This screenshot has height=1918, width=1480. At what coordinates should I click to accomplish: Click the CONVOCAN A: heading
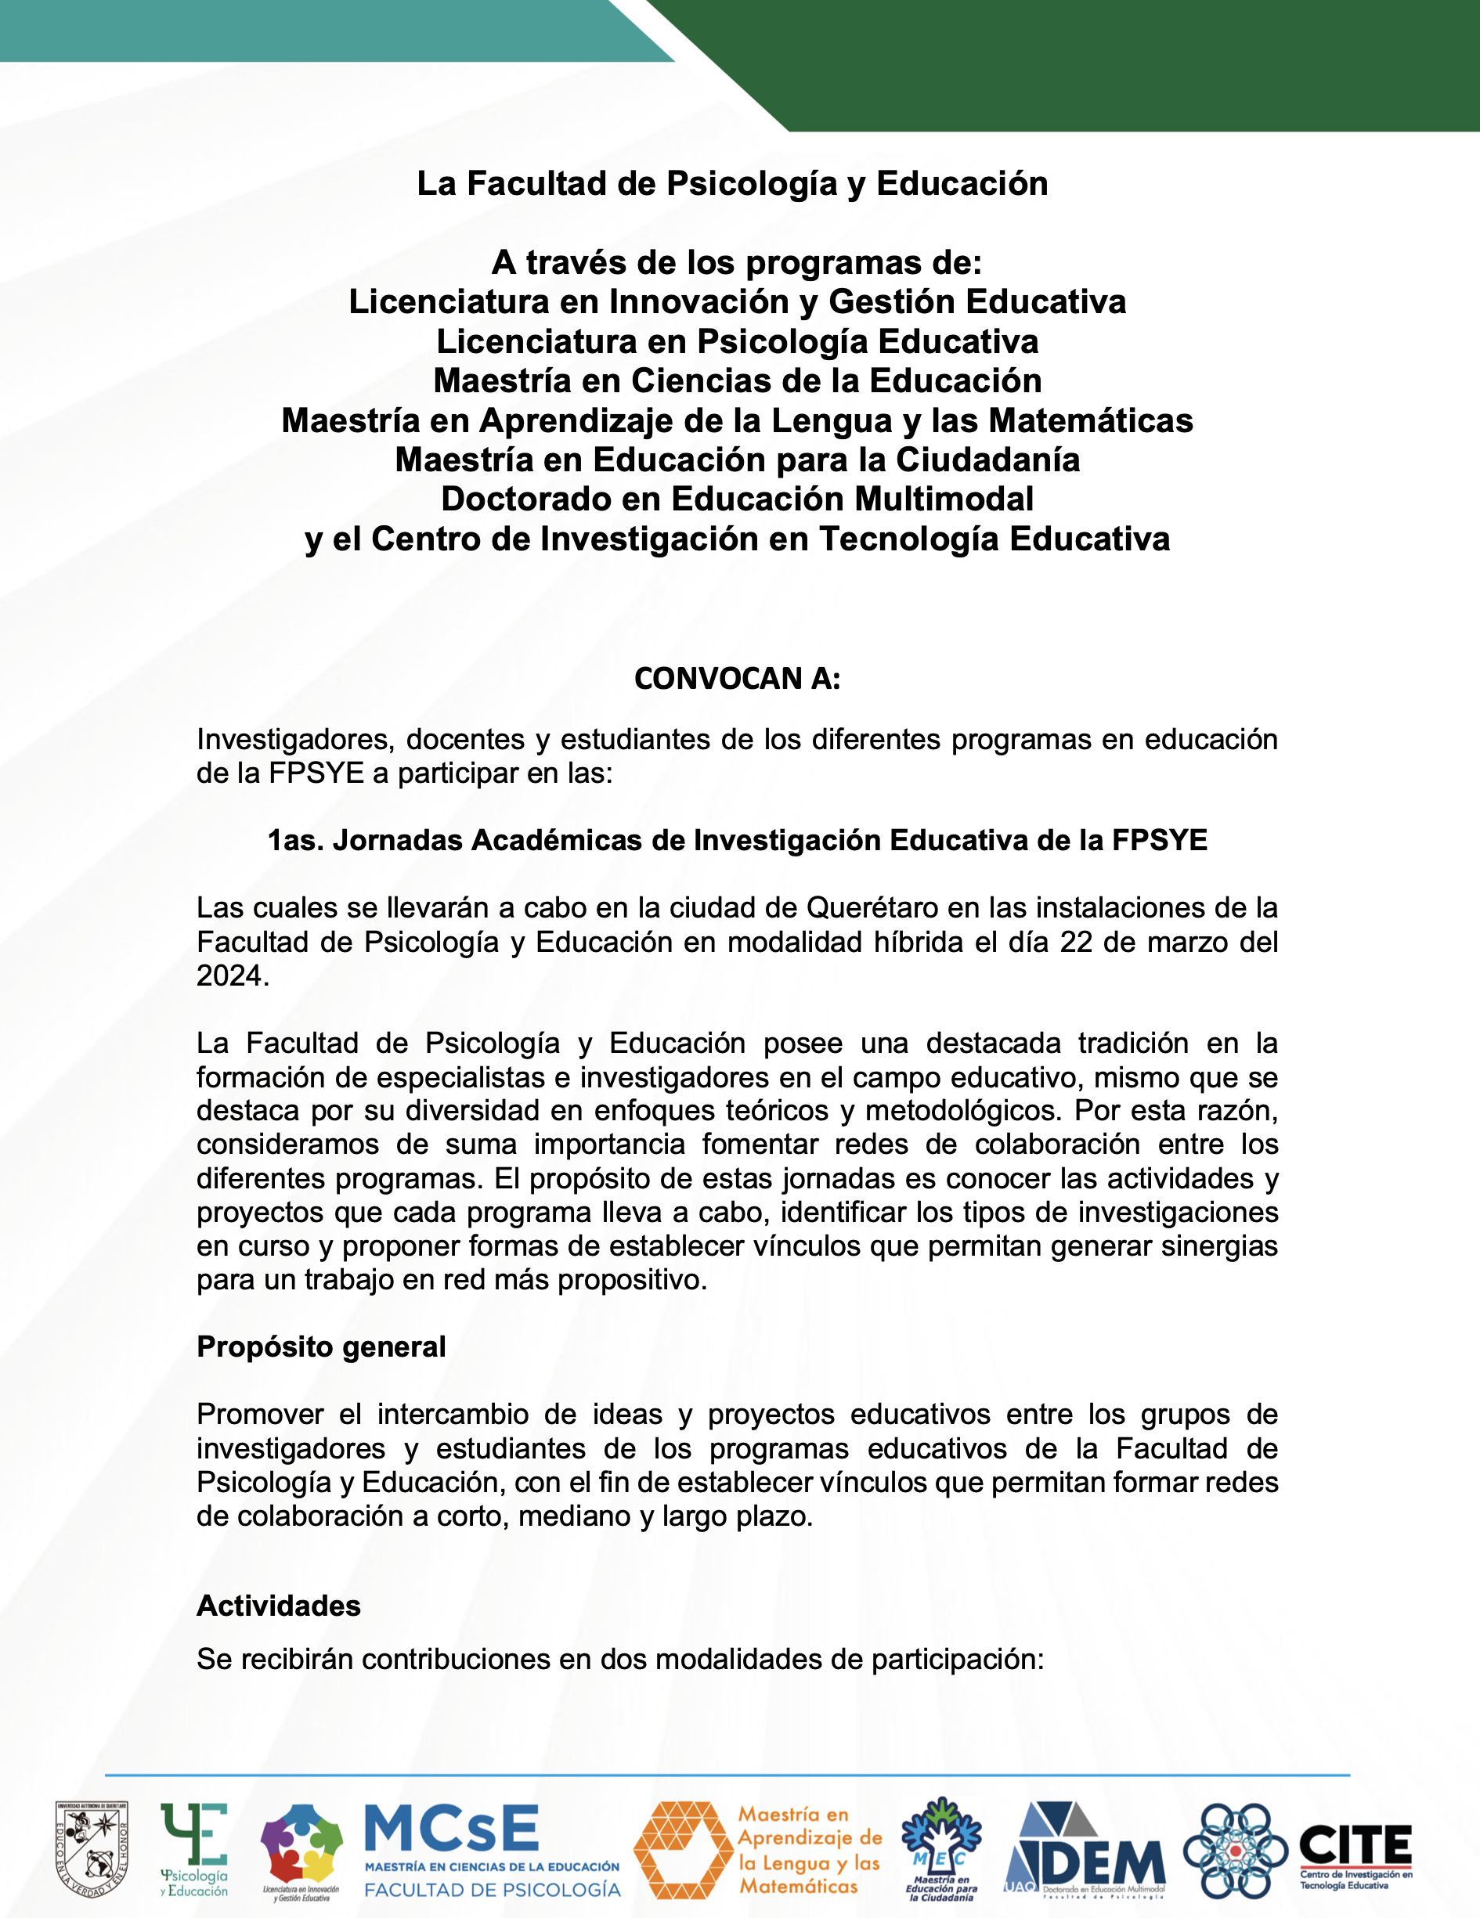(x=737, y=678)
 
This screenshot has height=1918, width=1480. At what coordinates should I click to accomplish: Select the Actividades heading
(x=279, y=1606)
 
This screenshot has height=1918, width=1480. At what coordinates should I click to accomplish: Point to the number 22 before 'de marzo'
(x=1076, y=942)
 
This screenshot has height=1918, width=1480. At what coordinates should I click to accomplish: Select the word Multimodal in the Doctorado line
(x=944, y=499)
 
